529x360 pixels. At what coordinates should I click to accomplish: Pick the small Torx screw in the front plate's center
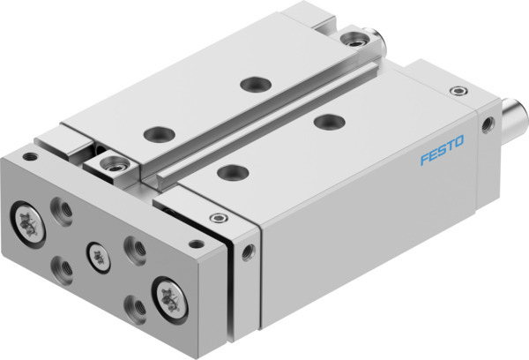tap(99, 252)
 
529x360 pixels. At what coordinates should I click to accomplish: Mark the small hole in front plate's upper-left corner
tap(30, 157)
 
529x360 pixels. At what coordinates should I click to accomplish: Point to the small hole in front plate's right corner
tap(196, 242)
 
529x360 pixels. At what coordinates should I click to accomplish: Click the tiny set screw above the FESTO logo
tap(456, 92)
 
